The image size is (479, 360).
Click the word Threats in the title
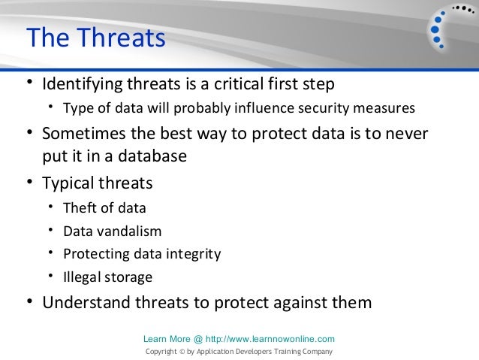(121, 38)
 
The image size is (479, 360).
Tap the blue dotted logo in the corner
(451, 28)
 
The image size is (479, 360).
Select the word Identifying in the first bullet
(82, 84)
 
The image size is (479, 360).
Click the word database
(152, 156)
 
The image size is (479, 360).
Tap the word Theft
(80, 207)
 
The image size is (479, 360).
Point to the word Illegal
(82, 277)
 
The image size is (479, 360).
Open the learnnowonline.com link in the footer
(270, 339)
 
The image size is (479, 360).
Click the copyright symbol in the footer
(182, 352)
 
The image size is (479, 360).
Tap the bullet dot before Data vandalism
(51, 230)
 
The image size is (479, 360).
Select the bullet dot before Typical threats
(29, 182)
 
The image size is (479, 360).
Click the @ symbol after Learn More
(198, 339)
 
